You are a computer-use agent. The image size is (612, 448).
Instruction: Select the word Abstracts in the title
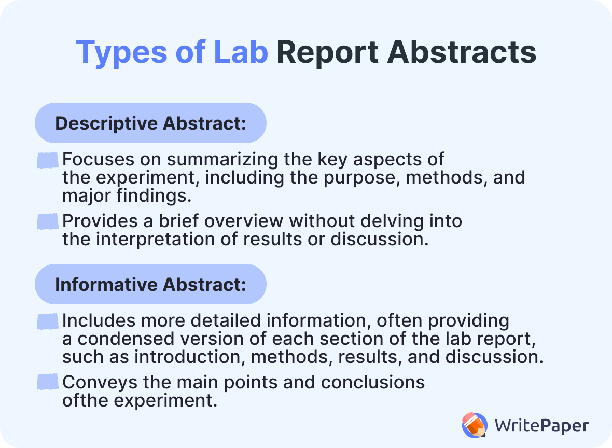tap(462, 52)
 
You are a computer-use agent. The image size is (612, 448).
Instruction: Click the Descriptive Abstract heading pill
tap(150, 123)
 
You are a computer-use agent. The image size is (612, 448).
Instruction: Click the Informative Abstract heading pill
tap(150, 285)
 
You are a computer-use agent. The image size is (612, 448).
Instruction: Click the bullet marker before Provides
tap(47, 222)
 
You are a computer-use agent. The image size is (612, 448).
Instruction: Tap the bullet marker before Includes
tap(47, 322)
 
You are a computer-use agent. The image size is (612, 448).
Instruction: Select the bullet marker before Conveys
tap(47, 383)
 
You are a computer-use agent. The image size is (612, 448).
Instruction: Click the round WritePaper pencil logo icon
tap(475, 425)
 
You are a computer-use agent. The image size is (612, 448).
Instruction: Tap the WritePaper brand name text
tap(541, 426)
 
